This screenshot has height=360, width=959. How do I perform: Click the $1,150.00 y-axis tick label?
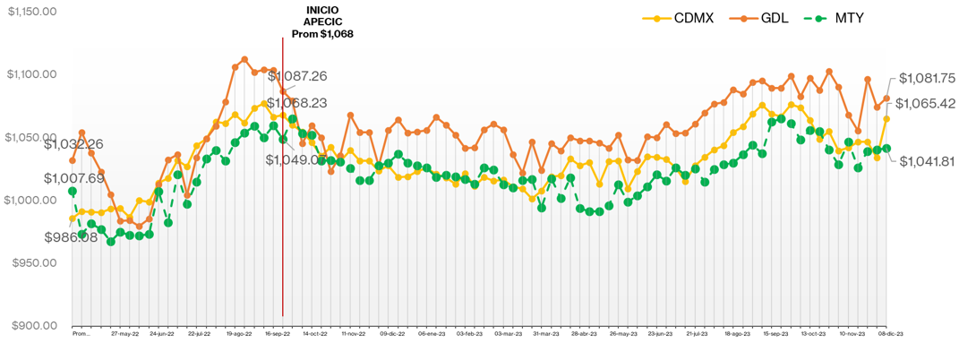point(32,12)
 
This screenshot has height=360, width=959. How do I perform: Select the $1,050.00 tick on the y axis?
point(32,138)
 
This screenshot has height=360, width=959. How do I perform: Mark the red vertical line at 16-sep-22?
point(283,224)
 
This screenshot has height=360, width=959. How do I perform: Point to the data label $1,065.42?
point(926,103)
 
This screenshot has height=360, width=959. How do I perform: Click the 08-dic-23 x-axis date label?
point(890,333)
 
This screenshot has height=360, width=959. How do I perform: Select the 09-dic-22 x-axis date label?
point(394,333)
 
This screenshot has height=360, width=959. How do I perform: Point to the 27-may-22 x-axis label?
point(125,333)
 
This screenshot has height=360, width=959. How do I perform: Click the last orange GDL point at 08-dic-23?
point(886,99)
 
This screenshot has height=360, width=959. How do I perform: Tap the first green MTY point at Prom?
point(73,191)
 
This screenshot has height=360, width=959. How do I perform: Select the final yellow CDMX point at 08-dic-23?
point(886,119)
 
